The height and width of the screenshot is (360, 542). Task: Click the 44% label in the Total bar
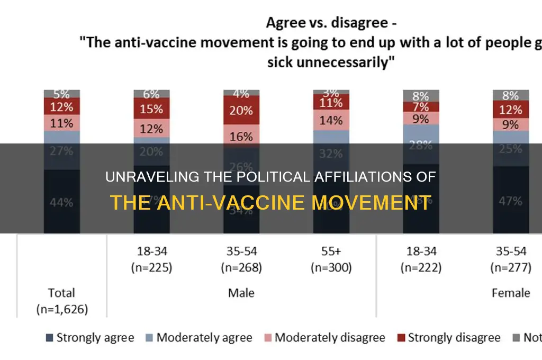click(x=62, y=201)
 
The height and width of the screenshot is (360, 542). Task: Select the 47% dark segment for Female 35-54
click(x=511, y=201)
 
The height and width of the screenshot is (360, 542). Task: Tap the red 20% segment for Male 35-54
click(x=242, y=110)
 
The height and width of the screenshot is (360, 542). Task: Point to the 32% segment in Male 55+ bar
click(x=332, y=154)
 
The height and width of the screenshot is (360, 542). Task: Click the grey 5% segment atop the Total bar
click(x=62, y=94)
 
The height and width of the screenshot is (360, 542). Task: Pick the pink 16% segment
click(x=242, y=136)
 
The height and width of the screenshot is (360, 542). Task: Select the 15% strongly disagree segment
click(x=152, y=109)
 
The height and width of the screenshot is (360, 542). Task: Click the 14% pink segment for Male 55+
click(x=332, y=120)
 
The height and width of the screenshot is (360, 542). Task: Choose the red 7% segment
click(x=421, y=107)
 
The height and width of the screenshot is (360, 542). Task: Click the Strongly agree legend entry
click(x=90, y=338)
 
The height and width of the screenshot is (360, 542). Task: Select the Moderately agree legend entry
click(x=199, y=338)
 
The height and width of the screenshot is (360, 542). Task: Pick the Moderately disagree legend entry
click(x=324, y=338)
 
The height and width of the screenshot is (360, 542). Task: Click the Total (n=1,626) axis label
click(x=62, y=300)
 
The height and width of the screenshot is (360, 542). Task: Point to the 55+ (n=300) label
click(x=332, y=260)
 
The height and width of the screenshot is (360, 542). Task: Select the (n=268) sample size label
click(x=242, y=268)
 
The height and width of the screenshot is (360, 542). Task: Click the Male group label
click(x=242, y=292)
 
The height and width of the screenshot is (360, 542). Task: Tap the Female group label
click(x=511, y=292)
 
